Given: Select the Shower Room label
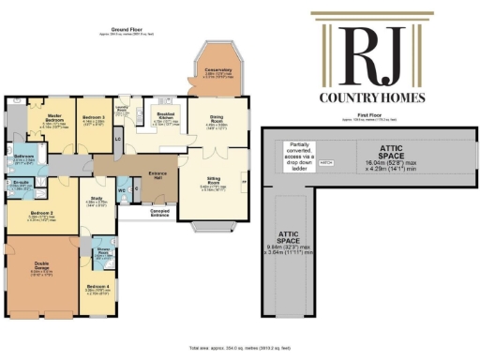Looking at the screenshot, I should pyautogui.click(x=102, y=250).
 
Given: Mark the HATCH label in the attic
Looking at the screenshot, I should pyautogui.click(x=327, y=162).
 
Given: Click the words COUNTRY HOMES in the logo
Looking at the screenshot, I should pyautogui.click(x=382, y=97).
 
